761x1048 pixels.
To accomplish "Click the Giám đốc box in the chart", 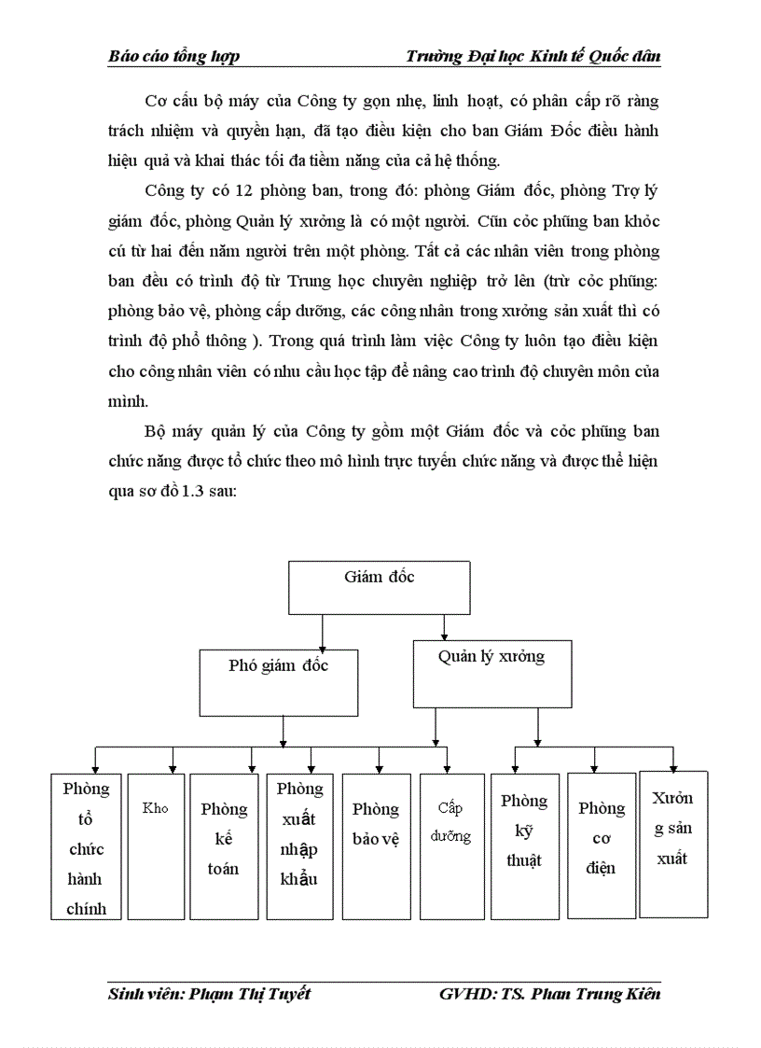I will point(378,589).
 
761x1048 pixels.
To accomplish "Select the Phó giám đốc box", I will point(279,682).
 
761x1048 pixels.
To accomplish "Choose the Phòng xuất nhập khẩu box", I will point(299,845).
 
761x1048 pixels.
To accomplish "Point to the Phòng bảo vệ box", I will point(376,845).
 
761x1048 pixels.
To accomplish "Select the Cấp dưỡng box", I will point(451,845).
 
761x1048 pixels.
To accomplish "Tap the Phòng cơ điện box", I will point(602,845).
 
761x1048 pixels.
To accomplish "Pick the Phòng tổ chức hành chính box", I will point(86,845).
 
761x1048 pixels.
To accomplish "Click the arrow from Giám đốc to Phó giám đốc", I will point(322,634).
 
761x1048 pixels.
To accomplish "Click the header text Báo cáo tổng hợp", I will point(174,56).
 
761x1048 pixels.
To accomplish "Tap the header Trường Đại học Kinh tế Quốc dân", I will point(533,56).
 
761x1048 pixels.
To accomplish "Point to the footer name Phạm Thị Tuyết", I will point(250,993).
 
